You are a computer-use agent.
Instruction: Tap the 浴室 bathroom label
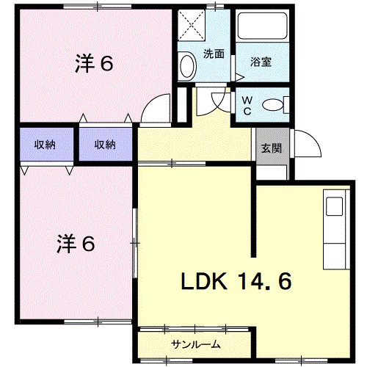(x=261, y=62)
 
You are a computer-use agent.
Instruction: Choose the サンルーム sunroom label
(x=196, y=344)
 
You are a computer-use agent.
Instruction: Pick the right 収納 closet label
(x=105, y=144)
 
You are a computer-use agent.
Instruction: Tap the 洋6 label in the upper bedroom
(x=93, y=64)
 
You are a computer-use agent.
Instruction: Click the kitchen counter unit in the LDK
(x=335, y=228)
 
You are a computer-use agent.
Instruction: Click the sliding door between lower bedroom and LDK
(x=136, y=242)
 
